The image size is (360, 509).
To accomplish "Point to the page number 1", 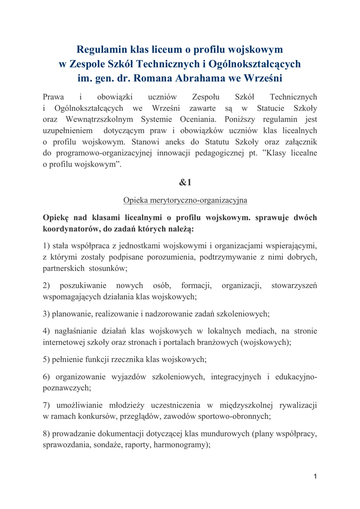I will point(315,477).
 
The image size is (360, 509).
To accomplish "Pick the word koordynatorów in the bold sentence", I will point(71,229).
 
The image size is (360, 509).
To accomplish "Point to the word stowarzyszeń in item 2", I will point(294,286).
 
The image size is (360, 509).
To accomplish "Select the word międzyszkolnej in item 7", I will point(239,405).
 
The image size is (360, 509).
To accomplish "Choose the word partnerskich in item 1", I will point(63,268).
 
